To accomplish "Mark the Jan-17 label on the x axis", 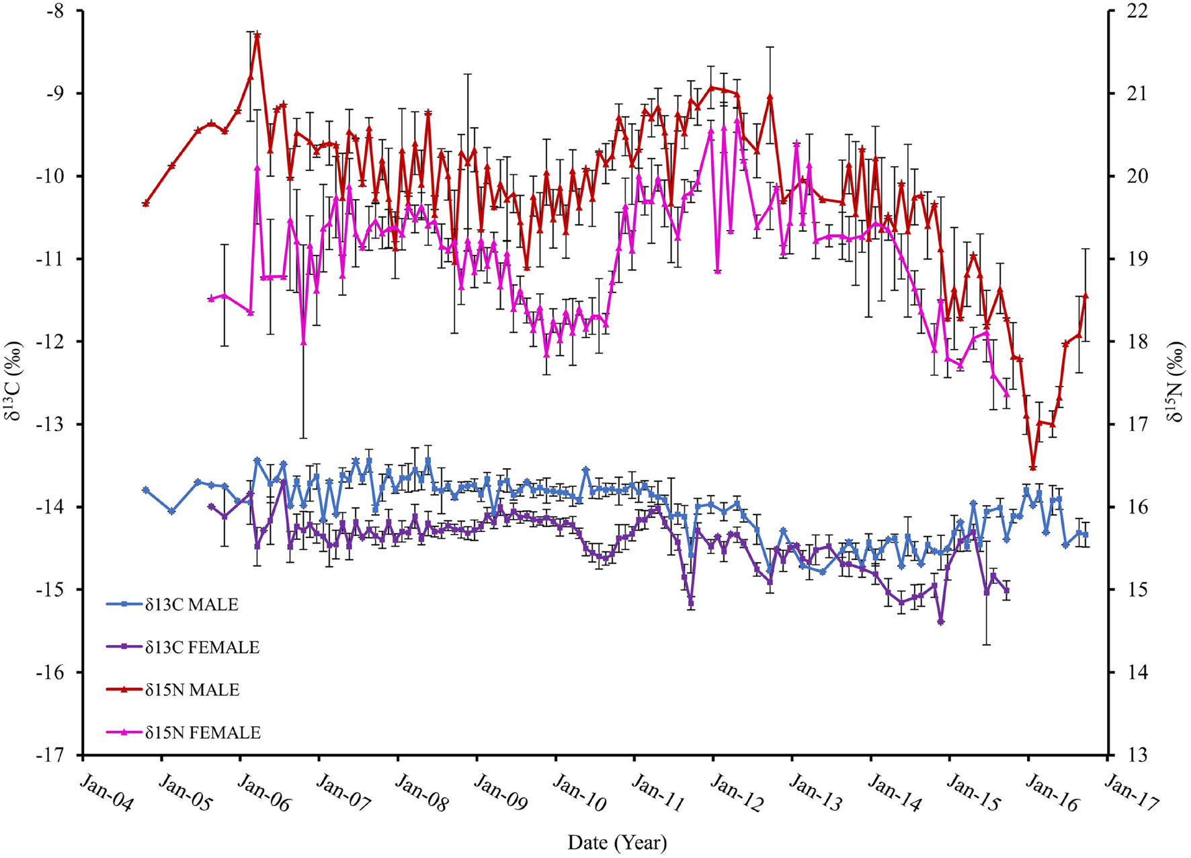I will point(1131,791).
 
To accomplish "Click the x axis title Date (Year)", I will point(617,843).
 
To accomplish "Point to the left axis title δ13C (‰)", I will point(15,381).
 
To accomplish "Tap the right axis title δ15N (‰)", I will point(1176,381).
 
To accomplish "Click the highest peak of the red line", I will point(257,34).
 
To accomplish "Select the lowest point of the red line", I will point(1033,467).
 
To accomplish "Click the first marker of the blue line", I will point(146,491).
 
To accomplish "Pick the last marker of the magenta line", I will point(1006,394).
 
